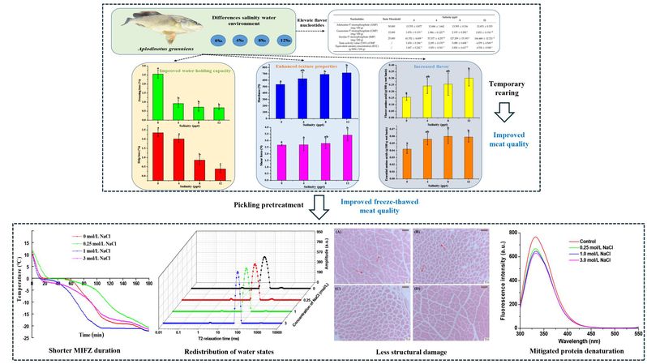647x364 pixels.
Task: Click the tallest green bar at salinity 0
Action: (158, 93)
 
